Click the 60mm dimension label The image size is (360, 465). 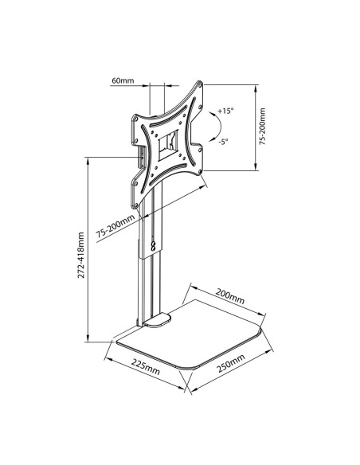point(123,80)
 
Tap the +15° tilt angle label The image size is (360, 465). point(225,111)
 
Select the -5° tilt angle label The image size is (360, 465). point(223,142)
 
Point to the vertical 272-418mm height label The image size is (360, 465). point(81,255)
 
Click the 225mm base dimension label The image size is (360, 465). point(146,366)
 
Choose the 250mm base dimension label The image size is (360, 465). point(231,363)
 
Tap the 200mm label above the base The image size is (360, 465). point(230,296)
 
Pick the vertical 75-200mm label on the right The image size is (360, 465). point(263,126)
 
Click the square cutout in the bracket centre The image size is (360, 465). point(168,145)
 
